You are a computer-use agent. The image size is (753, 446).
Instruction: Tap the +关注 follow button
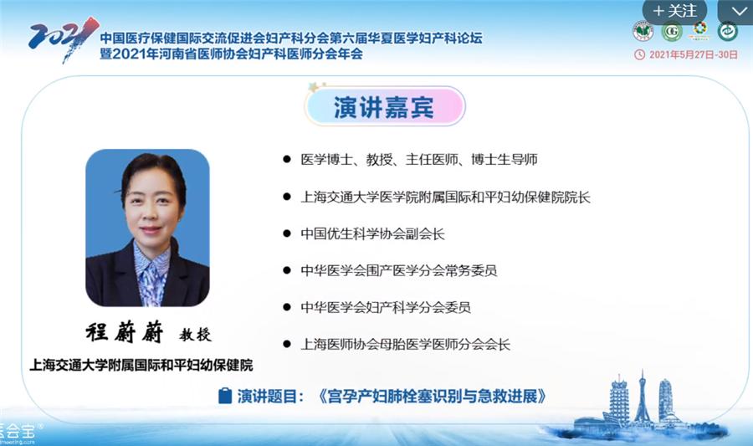[674, 11]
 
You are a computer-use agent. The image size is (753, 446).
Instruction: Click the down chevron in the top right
[738, 11]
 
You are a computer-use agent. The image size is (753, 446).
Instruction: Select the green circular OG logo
[672, 32]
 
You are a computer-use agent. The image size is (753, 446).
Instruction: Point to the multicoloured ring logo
[699, 31]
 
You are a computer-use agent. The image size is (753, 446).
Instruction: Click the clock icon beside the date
[640, 54]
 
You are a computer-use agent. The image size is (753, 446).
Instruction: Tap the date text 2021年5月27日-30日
[692, 54]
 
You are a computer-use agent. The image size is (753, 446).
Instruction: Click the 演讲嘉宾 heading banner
[382, 108]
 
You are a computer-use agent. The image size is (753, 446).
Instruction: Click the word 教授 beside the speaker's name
[196, 335]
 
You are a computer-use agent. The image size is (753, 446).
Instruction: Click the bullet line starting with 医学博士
[418, 158]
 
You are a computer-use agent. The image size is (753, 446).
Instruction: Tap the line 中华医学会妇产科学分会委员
[386, 307]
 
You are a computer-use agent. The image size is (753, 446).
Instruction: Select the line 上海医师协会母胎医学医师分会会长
[405, 344]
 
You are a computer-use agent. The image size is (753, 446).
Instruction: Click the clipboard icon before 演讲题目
[224, 395]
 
